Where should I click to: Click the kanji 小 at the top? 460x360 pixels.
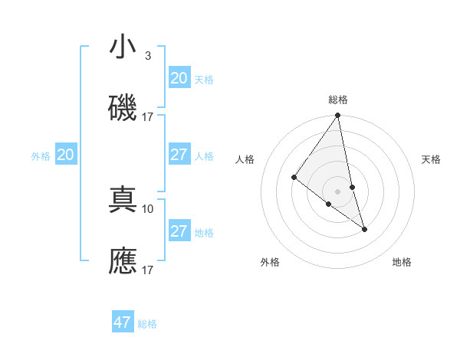pos(123,47)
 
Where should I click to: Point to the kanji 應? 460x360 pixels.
pos(123,260)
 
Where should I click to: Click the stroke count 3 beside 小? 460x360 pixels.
pos(147,56)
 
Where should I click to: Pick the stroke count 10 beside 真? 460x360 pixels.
pos(148,208)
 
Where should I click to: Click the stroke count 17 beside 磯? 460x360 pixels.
pos(148,116)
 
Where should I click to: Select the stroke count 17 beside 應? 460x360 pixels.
pos(148,270)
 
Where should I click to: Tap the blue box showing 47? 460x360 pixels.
pos(123,322)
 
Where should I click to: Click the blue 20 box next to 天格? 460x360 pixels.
pos(179,78)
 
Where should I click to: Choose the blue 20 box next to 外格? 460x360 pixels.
pos(66,155)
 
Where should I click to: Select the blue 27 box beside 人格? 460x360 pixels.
pos(179,155)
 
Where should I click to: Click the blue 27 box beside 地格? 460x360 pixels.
pos(179,231)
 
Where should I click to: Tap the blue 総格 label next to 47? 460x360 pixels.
pos(147,324)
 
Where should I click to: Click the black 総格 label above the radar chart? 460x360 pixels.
pos(337,100)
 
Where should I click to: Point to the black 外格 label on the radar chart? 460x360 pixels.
pos(270,262)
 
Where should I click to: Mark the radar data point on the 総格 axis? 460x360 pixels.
pos(337,116)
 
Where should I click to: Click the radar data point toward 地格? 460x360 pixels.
pos(364,229)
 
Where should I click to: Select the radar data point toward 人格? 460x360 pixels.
pos(294,178)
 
